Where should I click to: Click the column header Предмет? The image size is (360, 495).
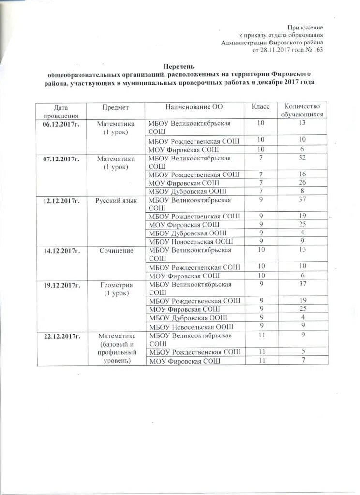[115, 106]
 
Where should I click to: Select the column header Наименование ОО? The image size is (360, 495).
[195, 106]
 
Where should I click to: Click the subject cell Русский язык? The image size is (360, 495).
[115, 199]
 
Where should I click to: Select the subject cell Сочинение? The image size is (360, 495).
[115, 250]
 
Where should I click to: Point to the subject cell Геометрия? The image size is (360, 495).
[115, 285]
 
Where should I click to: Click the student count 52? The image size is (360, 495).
[302, 158]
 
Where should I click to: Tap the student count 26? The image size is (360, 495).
[302, 182]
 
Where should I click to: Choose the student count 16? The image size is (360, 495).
[302, 174]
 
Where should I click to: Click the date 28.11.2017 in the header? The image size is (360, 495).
[276, 50]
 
